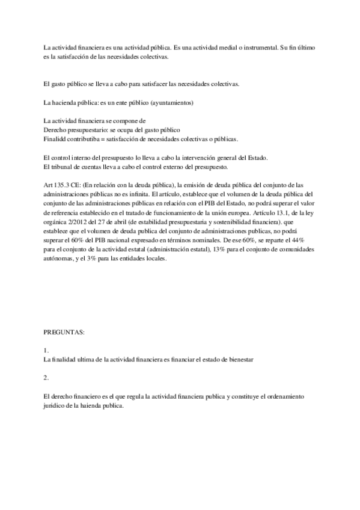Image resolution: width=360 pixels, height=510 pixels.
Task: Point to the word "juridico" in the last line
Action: tap(55, 406)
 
